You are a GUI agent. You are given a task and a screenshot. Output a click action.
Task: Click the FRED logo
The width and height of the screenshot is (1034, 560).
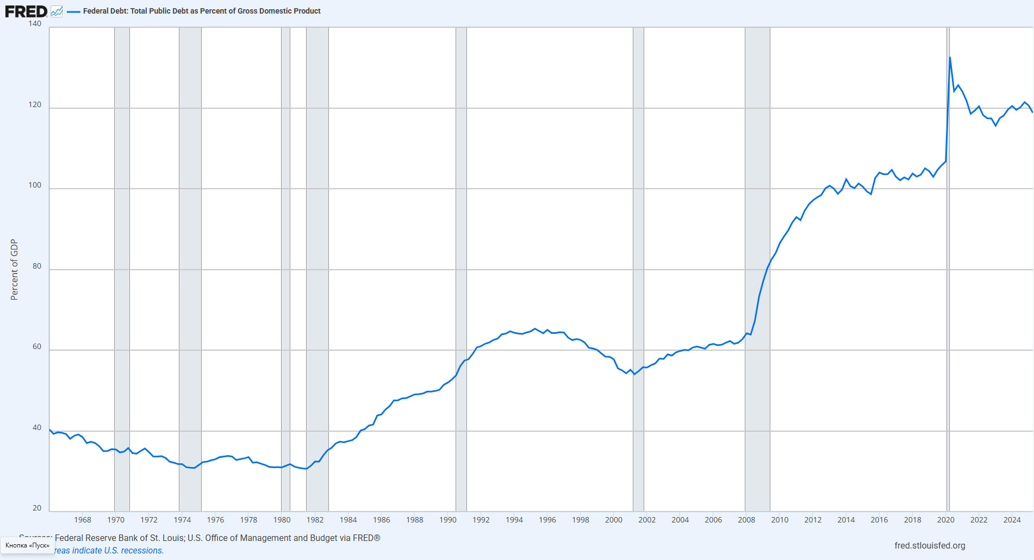click(x=26, y=11)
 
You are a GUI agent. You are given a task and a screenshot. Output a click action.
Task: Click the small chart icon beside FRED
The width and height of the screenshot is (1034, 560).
click(x=57, y=11)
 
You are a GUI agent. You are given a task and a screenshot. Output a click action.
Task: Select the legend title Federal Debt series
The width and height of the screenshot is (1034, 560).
click(x=201, y=11)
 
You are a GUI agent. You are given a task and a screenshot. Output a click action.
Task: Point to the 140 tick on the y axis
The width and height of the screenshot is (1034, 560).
click(x=35, y=23)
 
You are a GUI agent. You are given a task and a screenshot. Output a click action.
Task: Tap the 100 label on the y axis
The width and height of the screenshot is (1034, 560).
click(x=35, y=185)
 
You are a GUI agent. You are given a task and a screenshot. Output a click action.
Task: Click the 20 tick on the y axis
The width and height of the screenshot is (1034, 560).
click(x=37, y=508)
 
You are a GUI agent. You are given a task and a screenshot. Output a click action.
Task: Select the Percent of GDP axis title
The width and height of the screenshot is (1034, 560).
click(x=14, y=270)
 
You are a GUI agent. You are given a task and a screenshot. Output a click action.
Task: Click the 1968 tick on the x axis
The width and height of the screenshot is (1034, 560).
click(x=83, y=520)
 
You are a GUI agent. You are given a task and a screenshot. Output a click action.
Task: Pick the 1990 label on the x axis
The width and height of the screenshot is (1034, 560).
click(x=447, y=520)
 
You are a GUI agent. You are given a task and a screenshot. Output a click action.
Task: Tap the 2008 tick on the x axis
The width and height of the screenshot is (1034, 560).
click(x=746, y=520)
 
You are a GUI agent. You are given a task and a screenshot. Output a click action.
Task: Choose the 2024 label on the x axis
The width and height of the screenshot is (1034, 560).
click(x=1012, y=520)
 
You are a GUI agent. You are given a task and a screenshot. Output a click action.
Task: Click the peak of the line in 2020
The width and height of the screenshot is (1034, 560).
click(x=950, y=57)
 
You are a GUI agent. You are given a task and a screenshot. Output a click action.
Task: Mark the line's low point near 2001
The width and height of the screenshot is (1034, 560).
click(x=634, y=374)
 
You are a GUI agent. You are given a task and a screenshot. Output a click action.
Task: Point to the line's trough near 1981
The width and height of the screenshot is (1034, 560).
click(x=306, y=469)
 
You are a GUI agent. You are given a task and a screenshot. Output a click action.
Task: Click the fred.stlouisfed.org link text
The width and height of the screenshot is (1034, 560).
click(x=930, y=545)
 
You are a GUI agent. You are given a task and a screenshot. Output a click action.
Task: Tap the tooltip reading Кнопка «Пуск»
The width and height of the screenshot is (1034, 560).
click(x=27, y=545)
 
